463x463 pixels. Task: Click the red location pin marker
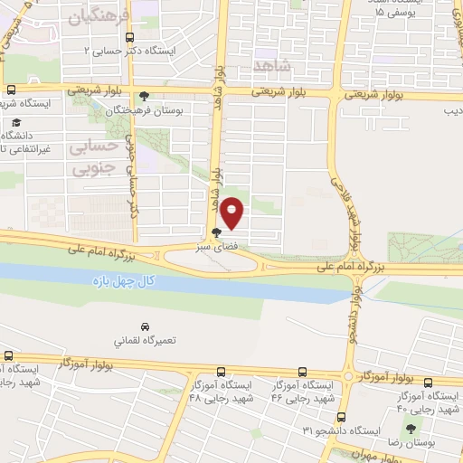[x=232, y=213]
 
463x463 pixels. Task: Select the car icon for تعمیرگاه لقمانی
[x=145, y=326]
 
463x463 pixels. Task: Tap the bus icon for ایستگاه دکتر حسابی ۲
[x=130, y=38]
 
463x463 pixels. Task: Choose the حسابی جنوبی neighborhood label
[x=93, y=156]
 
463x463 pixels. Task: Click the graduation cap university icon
[x=17, y=121]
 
